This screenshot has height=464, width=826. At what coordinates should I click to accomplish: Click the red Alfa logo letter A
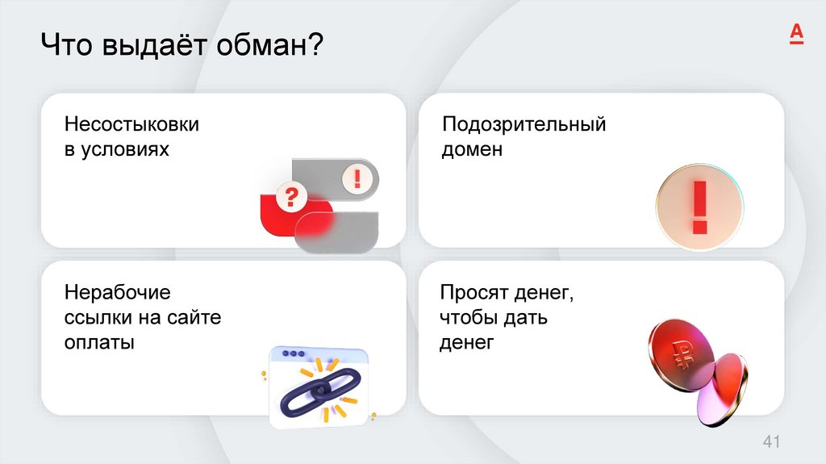click(796, 33)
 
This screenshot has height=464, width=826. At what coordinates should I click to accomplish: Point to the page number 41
click(772, 441)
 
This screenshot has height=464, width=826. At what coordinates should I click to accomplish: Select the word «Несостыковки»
click(131, 125)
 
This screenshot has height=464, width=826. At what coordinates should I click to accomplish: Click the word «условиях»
click(127, 149)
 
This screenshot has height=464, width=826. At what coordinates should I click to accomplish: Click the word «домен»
click(471, 149)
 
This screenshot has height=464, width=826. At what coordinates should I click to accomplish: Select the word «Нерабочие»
click(117, 291)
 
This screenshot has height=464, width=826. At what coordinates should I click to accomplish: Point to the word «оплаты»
click(98, 341)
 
